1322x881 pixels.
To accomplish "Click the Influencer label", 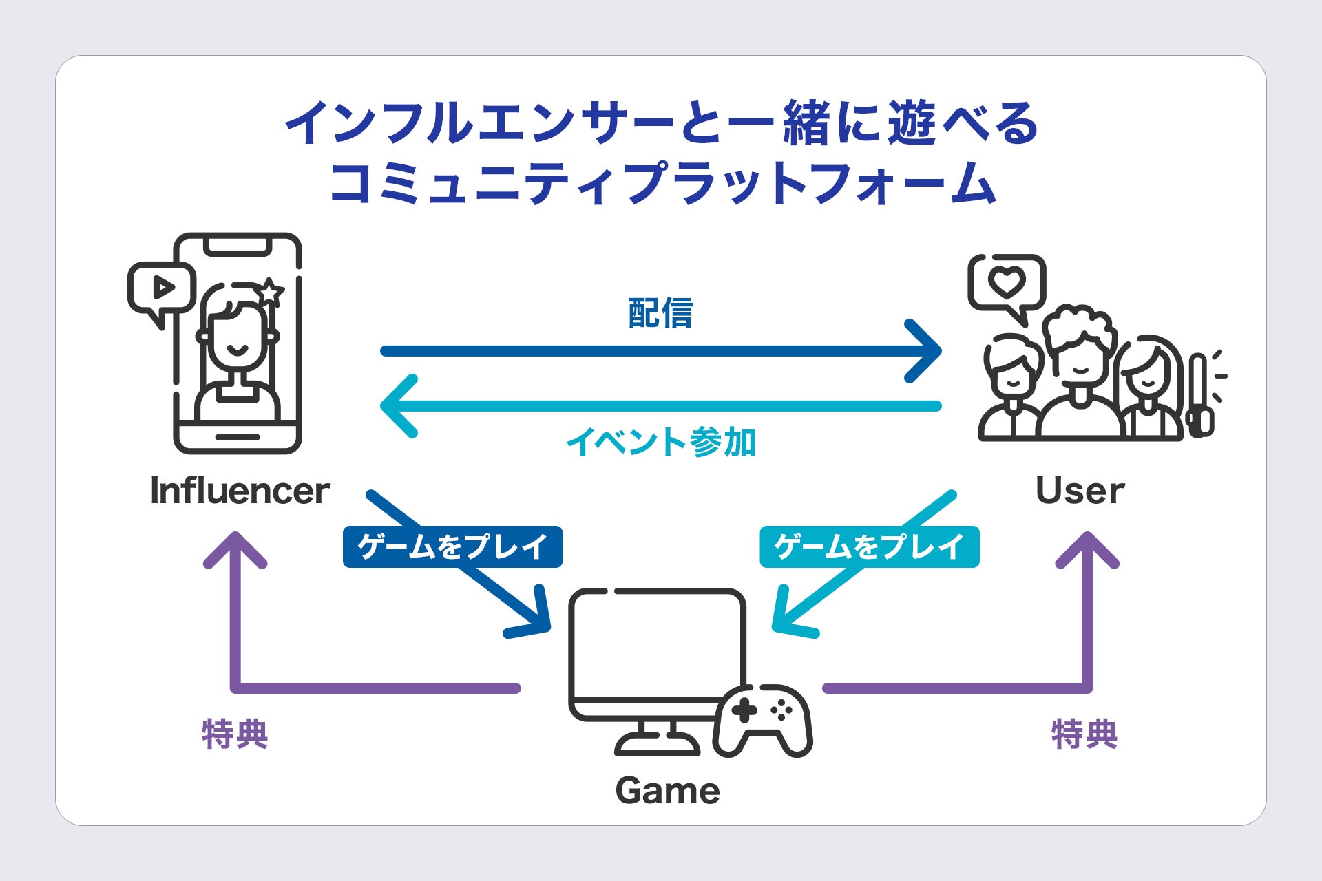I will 240,491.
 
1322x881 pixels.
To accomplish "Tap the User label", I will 1080,491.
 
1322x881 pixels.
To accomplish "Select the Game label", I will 667,790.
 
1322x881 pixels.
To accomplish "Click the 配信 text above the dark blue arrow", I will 660,313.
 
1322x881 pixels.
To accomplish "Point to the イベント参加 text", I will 661,442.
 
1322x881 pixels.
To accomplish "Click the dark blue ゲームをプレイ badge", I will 452,547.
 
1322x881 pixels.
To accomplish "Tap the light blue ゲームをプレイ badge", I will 869,547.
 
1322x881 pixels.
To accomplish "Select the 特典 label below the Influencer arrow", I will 235,734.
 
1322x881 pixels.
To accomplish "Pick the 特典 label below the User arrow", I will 1084,734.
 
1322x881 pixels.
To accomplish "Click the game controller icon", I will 763,719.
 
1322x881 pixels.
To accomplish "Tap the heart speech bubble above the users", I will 1007,284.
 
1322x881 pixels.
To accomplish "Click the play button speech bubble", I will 162,288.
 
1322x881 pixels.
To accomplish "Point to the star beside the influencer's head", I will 269,293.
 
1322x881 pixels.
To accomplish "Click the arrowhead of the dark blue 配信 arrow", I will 926,351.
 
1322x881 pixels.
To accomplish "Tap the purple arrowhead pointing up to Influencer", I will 235,551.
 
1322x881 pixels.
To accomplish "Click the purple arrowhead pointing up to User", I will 1087,551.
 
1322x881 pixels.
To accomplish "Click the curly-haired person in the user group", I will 1079,365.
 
